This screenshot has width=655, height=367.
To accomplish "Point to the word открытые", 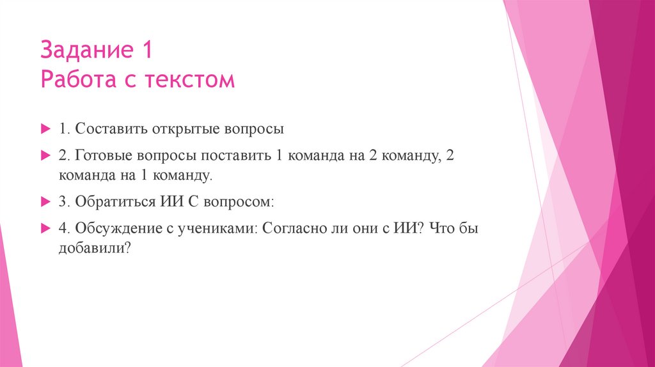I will coord(185,129).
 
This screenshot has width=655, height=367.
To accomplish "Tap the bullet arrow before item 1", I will coord(45,129).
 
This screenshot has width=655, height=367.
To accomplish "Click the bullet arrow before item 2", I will coord(45,156).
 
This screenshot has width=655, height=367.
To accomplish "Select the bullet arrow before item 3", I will coord(45,201).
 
